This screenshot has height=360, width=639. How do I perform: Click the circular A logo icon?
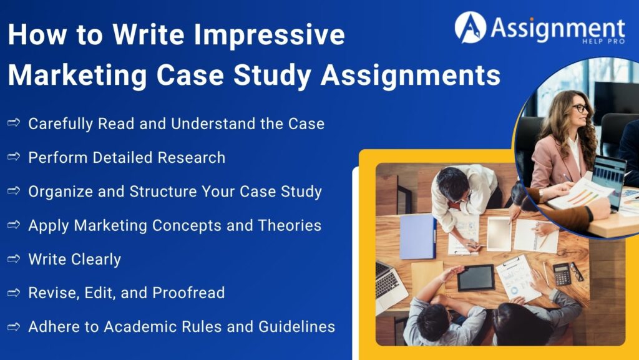pyautogui.click(x=470, y=27)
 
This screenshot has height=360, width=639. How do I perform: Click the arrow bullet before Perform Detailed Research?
pyautogui.click(x=14, y=157)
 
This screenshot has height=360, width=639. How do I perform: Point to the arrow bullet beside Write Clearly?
pyautogui.click(x=14, y=259)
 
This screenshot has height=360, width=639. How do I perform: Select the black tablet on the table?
pyautogui.click(x=476, y=278)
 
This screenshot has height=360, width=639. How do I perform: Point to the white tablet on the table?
pyautogui.click(x=499, y=234)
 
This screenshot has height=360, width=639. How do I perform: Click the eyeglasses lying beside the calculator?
pyautogui.click(x=577, y=272)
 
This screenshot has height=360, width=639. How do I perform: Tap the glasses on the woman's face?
pyautogui.click(x=580, y=109)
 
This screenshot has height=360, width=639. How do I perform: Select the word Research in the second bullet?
pyautogui.click(x=192, y=157)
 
